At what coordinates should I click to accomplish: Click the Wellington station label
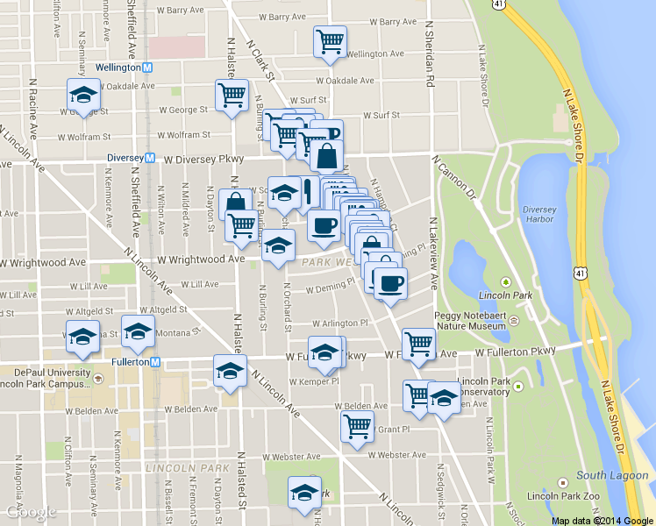(118, 67)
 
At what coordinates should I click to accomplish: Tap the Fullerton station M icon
(154, 361)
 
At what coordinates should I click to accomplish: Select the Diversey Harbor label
(538, 215)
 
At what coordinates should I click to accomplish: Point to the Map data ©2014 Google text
(602, 520)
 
